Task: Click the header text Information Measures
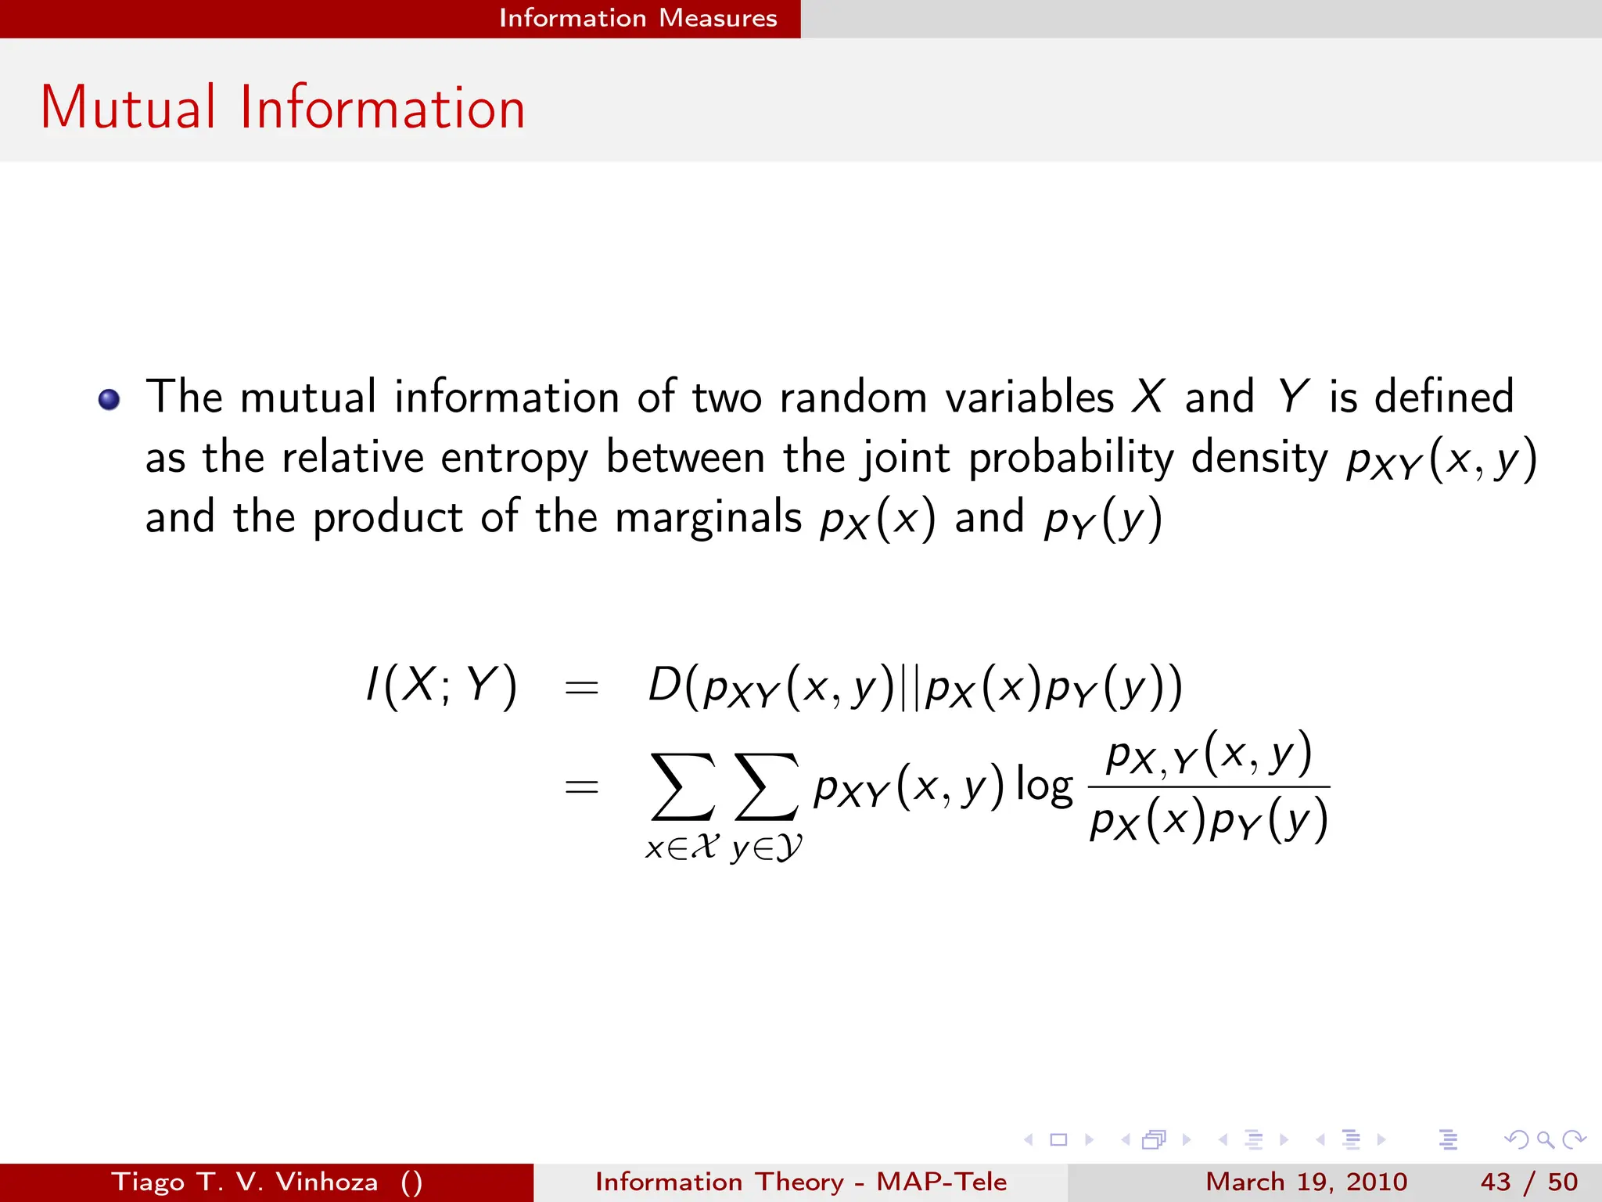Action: pos(638,18)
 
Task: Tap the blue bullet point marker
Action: pos(110,400)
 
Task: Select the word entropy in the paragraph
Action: pos(513,458)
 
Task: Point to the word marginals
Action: pos(709,517)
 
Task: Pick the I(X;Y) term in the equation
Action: pos(442,686)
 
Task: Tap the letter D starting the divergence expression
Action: pos(664,685)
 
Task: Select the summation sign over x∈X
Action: pos(682,786)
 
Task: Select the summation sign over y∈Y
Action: pos(767,786)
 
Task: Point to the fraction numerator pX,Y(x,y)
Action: pos(1209,754)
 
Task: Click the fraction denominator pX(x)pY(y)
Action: pos(1209,820)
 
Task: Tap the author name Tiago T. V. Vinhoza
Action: pos(245,1182)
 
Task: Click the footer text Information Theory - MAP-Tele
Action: pos(801,1182)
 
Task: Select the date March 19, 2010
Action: pos(1306,1182)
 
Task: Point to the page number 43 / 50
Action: pos(1528,1182)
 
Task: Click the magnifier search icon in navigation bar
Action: pos(1545,1139)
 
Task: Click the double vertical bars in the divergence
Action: pos(910,688)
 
